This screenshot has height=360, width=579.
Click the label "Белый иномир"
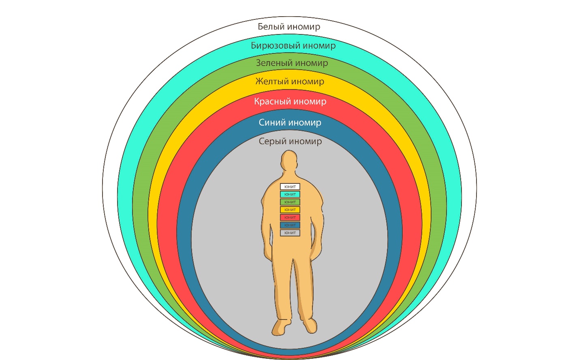coord(289,27)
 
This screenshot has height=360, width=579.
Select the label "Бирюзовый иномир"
coord(293,45)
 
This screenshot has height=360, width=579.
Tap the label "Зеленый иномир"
coord(292,63)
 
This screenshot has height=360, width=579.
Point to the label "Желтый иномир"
coord(290,81)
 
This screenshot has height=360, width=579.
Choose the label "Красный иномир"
coord(290,101)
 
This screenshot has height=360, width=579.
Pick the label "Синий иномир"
coord(290,122)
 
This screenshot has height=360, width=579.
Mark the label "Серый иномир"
coord(290,141)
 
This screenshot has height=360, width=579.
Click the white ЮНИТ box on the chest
coord(290,187)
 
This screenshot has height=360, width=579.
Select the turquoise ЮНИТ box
coord(290,194)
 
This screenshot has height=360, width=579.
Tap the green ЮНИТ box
coord(290,202)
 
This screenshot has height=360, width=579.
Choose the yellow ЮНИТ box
coord(290,210)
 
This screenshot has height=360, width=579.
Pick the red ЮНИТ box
coord(290,217)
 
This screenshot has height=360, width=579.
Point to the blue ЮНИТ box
coord(290,225)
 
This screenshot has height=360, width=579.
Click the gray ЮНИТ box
coord(290,233)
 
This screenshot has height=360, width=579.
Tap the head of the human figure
coord(289,161)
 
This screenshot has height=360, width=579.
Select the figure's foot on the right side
coord(310,325)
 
